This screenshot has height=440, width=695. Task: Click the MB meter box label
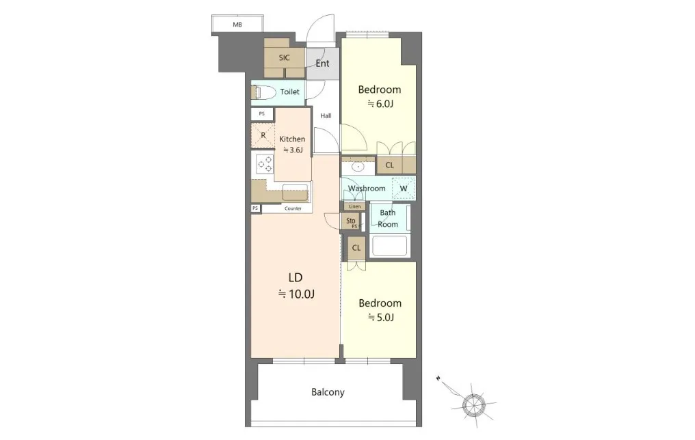click(237, 25)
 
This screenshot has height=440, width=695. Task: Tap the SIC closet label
click(284, 57)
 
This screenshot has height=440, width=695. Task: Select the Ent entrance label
click(322, 64)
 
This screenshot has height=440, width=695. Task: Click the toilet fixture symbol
click(261, 92)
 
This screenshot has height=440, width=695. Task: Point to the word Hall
click(326, 116)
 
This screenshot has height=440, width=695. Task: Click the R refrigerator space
click(263, 135)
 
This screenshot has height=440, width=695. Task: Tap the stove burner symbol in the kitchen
click(265, 164)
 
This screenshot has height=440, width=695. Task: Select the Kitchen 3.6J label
click(292, 144)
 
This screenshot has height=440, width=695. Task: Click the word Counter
click(293, 208)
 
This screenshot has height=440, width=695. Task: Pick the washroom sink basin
click(357, 167)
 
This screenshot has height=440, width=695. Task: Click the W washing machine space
click(404, 188)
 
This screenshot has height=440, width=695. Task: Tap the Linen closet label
click(354, 207)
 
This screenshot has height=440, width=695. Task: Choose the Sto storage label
click(351, 221)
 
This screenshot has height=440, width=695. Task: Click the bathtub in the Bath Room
click(390, 246)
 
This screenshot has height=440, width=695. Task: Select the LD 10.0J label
click(296, 286)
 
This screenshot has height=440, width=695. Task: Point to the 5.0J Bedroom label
click(380, 310)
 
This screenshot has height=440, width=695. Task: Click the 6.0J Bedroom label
click(380, 96)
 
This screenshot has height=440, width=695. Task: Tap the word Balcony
click(328, 392)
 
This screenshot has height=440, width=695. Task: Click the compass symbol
click(474, 405)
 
